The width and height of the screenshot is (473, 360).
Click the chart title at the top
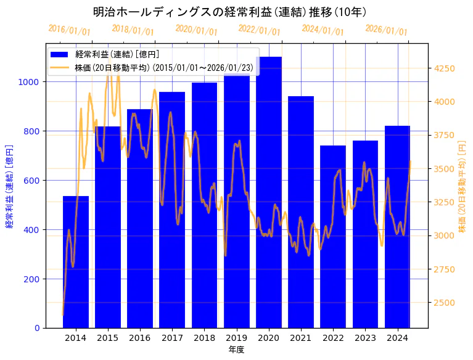(x=230, y=12)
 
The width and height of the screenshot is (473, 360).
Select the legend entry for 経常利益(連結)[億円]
(x=117, y=55)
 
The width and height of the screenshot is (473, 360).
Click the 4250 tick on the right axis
(x=445, y=68)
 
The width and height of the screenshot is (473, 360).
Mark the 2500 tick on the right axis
(x=445, y=303)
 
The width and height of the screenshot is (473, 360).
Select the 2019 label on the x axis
(x=236, y=338)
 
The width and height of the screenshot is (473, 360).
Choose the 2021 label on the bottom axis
(x=301, y=338)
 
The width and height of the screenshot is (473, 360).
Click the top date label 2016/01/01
(x=69, y=30)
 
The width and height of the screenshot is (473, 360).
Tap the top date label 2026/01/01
(x=386, y=30)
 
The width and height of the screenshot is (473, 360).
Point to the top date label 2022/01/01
(x=259, y=30)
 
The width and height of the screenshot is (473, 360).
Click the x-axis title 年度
(x=236, y=350)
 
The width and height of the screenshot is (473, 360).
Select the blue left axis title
(x=9, y=186)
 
